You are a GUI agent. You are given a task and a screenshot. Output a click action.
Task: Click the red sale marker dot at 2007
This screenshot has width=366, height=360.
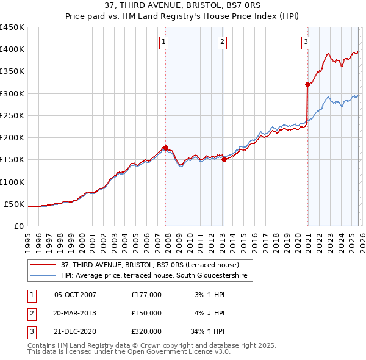(x=165, y=148)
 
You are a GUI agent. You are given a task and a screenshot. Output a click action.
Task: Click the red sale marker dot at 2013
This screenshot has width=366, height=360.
(x=224, y=160)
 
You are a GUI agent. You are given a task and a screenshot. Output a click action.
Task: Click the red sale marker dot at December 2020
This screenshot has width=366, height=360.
(x=307, y=85)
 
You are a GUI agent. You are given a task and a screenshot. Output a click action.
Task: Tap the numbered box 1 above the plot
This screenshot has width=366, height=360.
(x=165, y=42)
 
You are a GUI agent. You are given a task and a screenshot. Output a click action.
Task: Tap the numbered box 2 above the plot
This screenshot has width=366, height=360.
(x=222, y=42)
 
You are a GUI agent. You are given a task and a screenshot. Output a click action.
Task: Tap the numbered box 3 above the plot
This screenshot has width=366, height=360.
(x=306, y=42)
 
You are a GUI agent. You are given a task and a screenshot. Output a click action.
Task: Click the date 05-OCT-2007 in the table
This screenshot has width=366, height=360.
(x=75, y=295)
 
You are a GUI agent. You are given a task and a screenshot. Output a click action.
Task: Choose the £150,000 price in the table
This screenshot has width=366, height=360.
(x=146, y=313)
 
